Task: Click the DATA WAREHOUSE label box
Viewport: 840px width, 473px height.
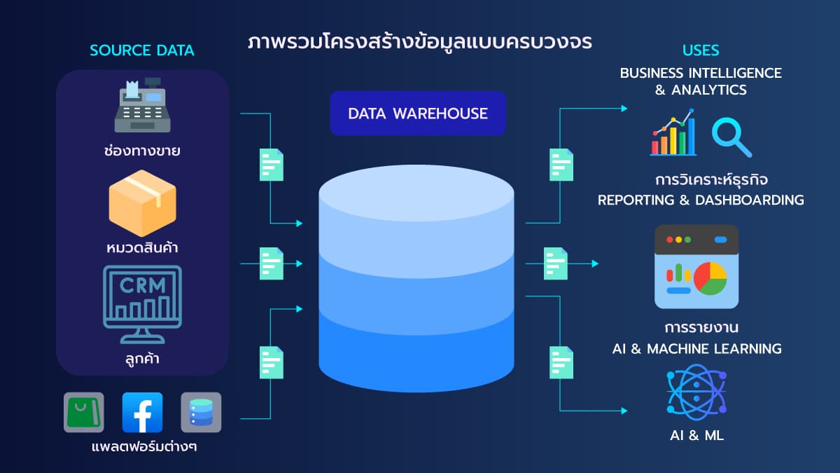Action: click(418, 113)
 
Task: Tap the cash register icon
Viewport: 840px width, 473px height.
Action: click(142, 106)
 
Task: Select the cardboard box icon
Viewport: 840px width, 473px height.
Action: click(142, 203)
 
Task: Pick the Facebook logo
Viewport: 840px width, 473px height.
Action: click(142, 412)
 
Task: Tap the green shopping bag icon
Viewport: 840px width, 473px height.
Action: click(84, 412)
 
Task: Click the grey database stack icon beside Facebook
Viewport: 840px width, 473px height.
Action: click(201, 412)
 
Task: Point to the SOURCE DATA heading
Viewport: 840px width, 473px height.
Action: click(142, 50)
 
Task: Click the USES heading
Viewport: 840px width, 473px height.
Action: click(701, 50)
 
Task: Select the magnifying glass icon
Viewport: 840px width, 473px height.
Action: click(730, 137)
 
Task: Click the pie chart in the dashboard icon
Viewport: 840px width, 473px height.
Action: click(710, 278)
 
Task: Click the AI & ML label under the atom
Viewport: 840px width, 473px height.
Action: click(696, 435)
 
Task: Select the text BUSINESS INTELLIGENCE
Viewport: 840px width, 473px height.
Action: click(701, 73)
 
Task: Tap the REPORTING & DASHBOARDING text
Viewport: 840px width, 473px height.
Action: click(701, 200)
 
